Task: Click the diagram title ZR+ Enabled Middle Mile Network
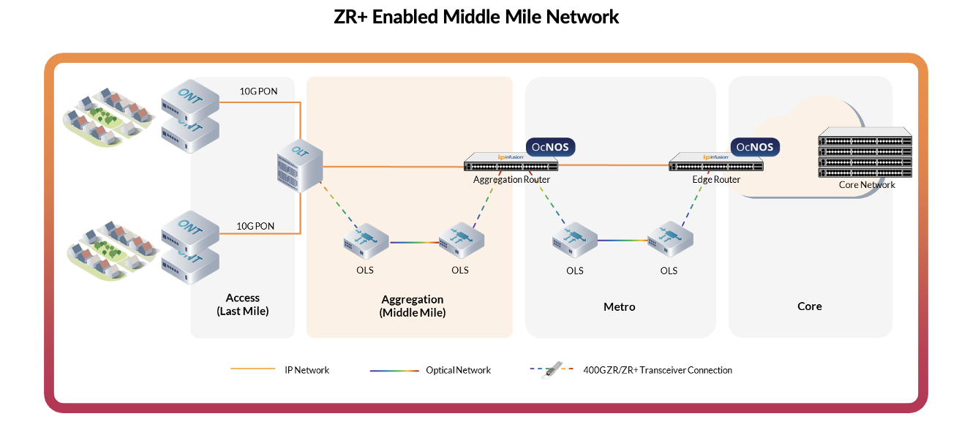pyautogui.click(x=476, y=17)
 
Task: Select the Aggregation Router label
pyautogui.click(x=511, y=180)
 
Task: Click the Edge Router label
pyautogui.click(x=716, y=180)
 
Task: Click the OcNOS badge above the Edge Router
pyautogui.click(x=755, y=147)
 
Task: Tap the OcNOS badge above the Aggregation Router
pyautogui.click(x=551, y=147)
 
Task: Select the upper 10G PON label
pyautogui.click(x=257, y=91)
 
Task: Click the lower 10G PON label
pyautogui.click(x=255, y=226)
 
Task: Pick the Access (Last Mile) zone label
pyautogui.click(x=243, y=304)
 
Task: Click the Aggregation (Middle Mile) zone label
pyautogui.click(x=412, y=306)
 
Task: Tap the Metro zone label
pyautogui.click(x=619, y=306)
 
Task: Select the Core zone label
pyautogui.click(x=809, y=306)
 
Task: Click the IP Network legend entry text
pyautogui.click(x=307, y=370)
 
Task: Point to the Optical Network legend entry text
pyautogui.click(x=458, y=370)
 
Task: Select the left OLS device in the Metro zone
pyautogui.click(x=574, y=239)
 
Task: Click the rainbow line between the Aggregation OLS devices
pyautogui.click(x=413, y=242)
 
